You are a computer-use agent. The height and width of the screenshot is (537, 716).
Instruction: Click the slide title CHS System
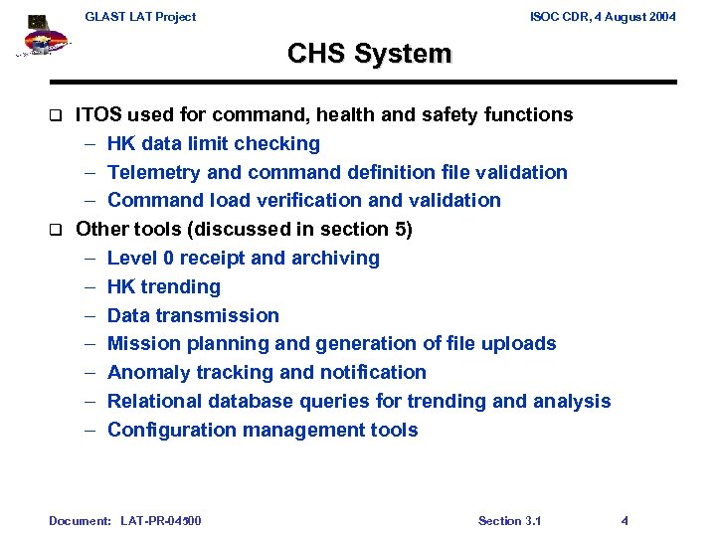(369, 54)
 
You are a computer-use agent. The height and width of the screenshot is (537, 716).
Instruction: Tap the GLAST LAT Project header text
(140, 16)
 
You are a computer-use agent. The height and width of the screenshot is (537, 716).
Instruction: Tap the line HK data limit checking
(213, 143)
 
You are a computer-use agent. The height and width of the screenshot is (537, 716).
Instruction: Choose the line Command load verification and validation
(303, 200)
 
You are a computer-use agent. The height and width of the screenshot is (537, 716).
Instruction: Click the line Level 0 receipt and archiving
(243, 258)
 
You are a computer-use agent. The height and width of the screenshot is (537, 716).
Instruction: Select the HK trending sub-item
(163, 286)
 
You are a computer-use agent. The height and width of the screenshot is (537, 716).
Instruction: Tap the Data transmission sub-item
(193, 315)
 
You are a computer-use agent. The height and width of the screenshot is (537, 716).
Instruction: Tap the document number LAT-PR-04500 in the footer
(160, 520)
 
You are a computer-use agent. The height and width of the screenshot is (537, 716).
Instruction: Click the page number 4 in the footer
(625, 520)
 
